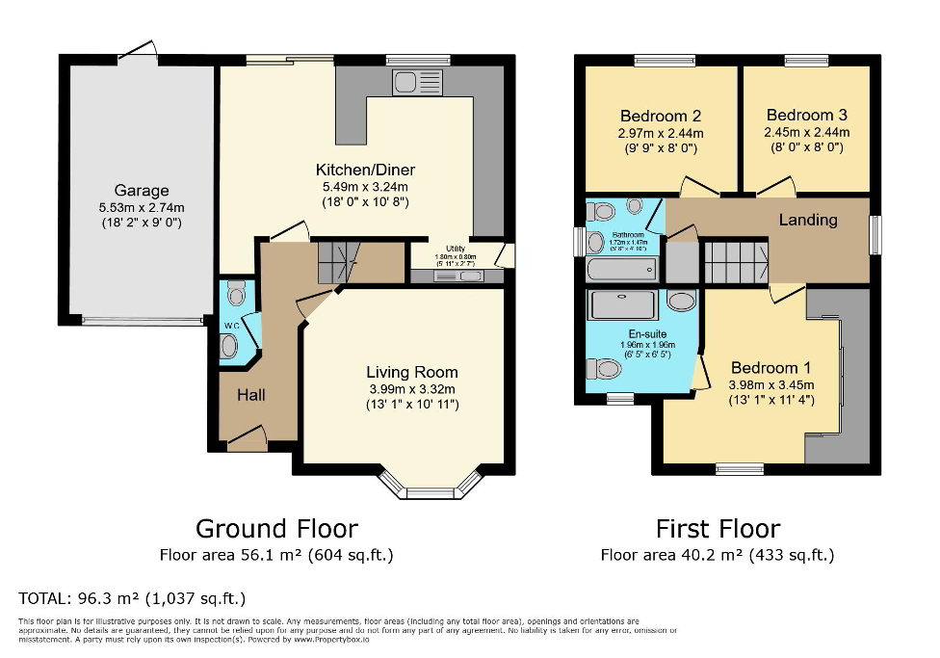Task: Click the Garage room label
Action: click(x=142, y=191)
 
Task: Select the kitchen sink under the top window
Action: click(x=416, y=83)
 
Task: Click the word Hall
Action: click(x=251, y=395)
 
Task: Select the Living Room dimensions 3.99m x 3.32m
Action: click(x=411, y=389)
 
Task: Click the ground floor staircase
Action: click(x=337, y=262)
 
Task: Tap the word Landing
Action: click(x=807, y=220)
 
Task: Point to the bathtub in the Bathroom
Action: click(x=621, y=269)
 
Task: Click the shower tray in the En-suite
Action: click(x=622, y=305)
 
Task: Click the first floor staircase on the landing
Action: click(x=734, y=261)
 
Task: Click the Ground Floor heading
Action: click(x=276, y=529)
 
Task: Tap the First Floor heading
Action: click(x=718, y=529)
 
